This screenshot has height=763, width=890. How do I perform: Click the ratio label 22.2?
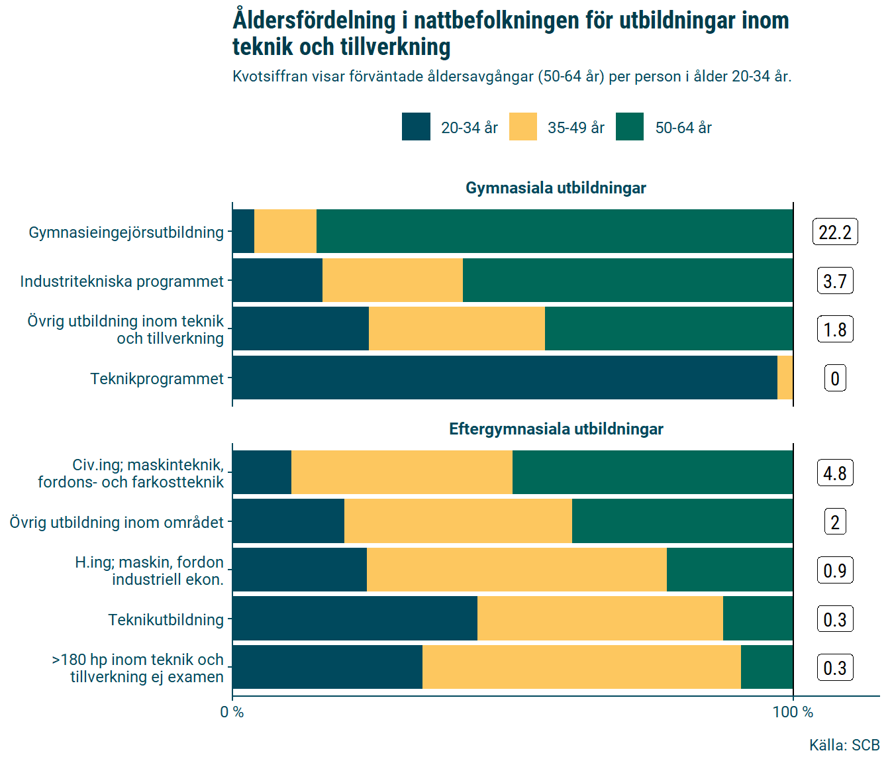point(835,232)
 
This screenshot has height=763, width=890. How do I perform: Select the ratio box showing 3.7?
point(835,281)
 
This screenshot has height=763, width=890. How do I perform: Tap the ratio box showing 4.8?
point(835,473)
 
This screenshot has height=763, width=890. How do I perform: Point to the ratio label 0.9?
point(835,570)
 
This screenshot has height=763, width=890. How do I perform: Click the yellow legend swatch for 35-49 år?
point(522,127)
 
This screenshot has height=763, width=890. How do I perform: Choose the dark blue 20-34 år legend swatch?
point(416,127)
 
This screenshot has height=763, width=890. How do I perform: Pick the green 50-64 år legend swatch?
point(629,127)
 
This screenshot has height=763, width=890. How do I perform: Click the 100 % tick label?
point(793,712)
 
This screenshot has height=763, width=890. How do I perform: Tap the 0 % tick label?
point(232,712)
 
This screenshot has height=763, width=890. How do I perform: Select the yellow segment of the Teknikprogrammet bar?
point(785,378)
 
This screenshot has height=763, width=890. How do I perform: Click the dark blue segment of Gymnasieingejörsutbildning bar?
point(243,232)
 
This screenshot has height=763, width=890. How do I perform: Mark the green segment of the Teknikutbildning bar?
point(758,619)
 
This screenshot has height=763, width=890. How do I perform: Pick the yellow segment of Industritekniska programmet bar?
point(392,281)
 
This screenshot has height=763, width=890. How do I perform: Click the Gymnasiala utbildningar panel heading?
point(556,188)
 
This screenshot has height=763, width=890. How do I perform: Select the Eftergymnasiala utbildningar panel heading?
point(556,429)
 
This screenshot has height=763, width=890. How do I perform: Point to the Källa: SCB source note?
point(844,745)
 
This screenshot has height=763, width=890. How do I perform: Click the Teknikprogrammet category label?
point(157,379)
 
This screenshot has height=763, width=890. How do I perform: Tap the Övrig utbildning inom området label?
point(117,523)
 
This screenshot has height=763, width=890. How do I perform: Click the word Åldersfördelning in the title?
point(314,21)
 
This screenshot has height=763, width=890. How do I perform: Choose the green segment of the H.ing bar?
point(730,570)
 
